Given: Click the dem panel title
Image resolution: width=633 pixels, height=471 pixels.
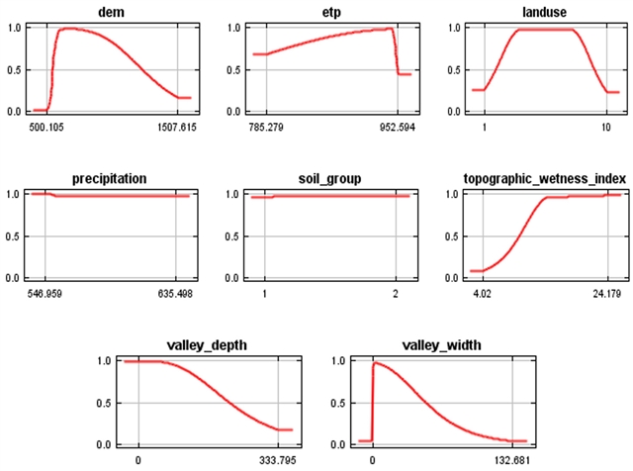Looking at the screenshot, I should [109, 11].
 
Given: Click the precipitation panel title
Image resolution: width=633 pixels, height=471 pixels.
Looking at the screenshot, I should [110, 178].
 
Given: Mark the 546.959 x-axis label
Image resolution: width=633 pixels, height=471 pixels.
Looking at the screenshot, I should [45, 295].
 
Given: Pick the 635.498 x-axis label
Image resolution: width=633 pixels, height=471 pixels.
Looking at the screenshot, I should [178, 295].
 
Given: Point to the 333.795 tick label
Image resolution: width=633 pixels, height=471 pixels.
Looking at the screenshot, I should [280, 461].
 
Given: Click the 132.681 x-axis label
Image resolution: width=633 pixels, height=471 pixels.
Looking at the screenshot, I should [510, 461].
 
